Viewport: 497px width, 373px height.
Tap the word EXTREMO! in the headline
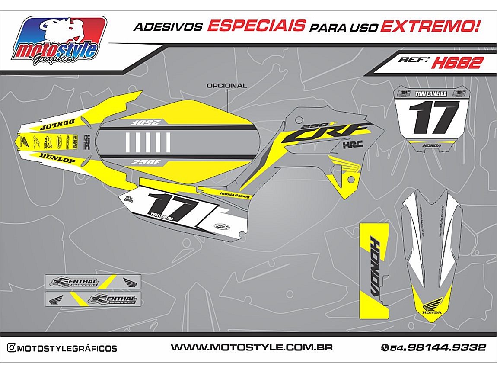[x=430, y=26]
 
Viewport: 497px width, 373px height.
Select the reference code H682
[x=456, y=63]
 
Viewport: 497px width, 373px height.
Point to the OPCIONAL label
[x=227, y=86]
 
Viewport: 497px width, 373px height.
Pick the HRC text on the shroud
[x=353, y=145]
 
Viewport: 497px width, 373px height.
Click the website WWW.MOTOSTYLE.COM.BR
[x=251, y=347]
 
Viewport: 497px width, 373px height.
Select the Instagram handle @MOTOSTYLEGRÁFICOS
[x=62, y=348]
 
